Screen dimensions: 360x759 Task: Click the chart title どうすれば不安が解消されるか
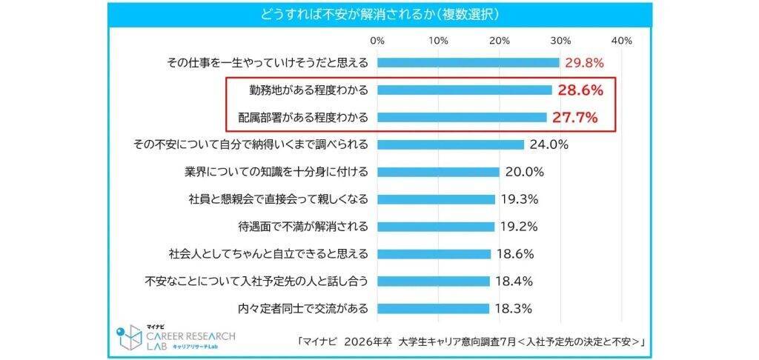pyautogui.click(x=379, y=14)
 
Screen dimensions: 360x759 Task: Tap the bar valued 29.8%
pyautogui.click(x=468, y=62)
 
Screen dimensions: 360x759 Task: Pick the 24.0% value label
pyautogui.click(x=548, y=144)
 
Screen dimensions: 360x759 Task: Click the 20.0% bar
pyautogui.click(x=438, y=172)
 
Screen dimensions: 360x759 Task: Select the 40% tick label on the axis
pyautogui.click(x=621, y=39)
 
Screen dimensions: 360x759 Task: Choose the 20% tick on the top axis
pyautogui.click(x=499, y=39)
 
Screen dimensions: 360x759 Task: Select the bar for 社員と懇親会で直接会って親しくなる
pyautogui.click(x=436, y=199)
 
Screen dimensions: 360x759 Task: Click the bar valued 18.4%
pyautogui.click(x=433, y=281)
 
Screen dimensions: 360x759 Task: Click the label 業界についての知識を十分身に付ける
pyautogui.click(x=276, y=172)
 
